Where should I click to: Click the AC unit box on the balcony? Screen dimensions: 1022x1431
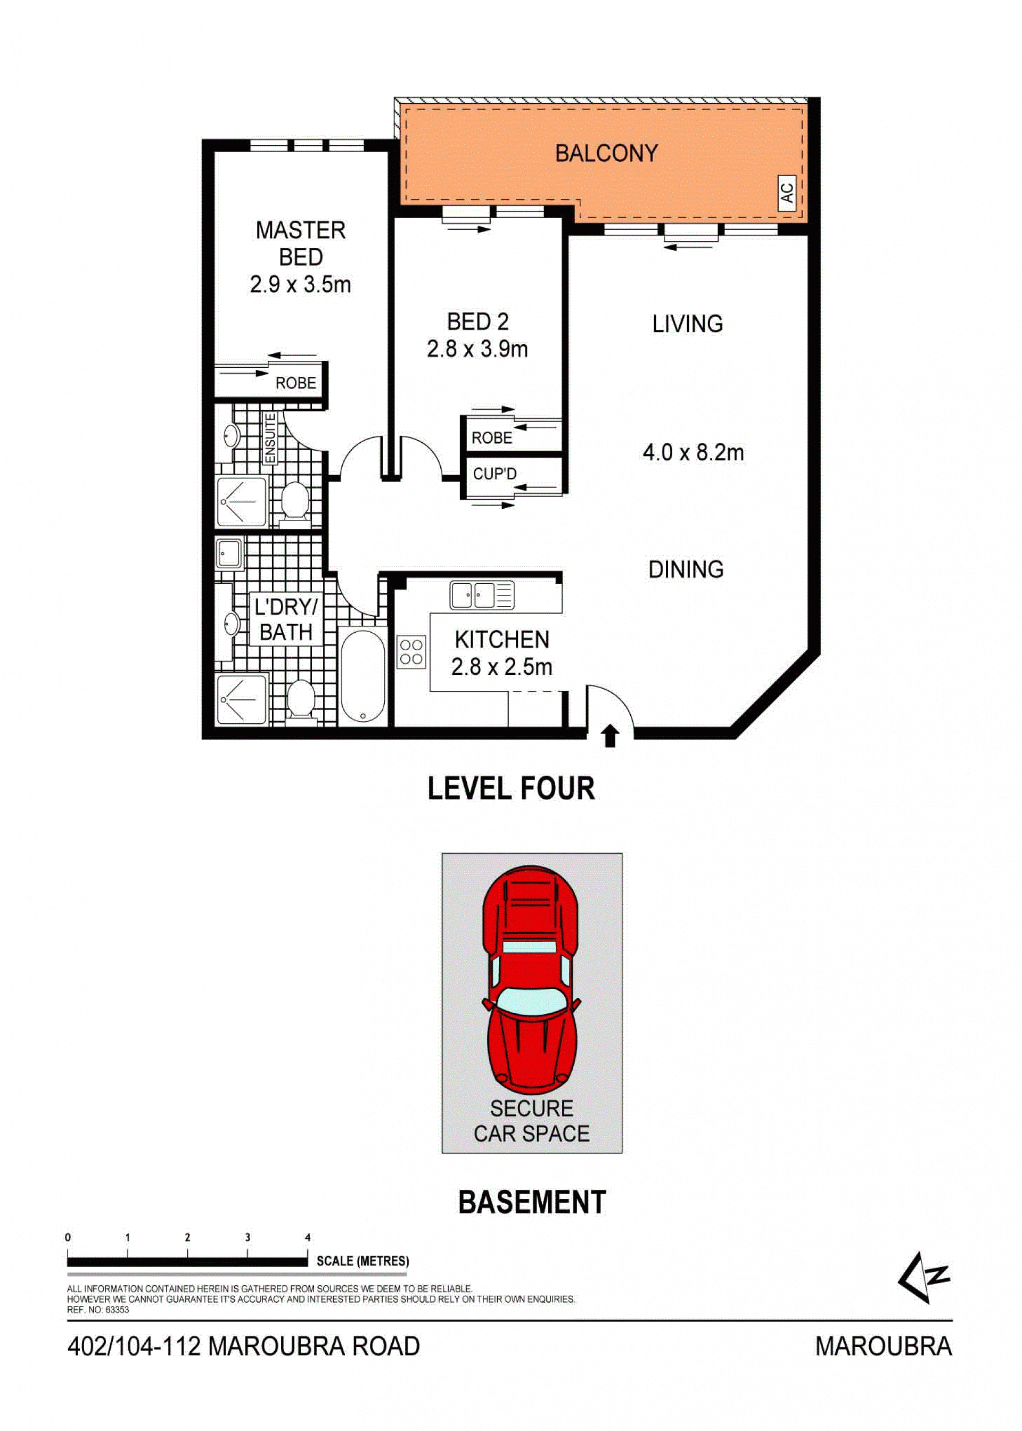[x=787, y=191]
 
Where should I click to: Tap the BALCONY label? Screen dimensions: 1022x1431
[x=606, y=153]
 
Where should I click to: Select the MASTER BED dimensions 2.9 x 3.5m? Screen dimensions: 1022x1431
[x=300, y=285]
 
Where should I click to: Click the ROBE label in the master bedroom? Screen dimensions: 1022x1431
[x=296, y=383]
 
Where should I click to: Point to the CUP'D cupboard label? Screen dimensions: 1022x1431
[x=494, y=474]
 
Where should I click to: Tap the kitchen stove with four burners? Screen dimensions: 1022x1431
[x=411, y=652]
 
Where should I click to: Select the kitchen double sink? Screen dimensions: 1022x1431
[x=482, y=594]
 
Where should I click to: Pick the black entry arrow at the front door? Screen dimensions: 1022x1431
[x=609, y=736]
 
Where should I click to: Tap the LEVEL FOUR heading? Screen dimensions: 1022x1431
[x=511, y=788]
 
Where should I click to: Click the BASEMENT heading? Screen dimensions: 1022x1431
[x=532, y=1202]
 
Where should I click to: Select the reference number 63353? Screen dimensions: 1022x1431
[x=117, y=1310]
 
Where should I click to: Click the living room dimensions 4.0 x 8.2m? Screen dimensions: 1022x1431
[x=693, y=452]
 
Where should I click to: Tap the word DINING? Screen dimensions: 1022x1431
[x=686, y=569]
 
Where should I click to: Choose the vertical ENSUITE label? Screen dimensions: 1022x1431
[x=270, y=439]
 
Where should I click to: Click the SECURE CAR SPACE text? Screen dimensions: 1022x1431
[x=532, y=1121]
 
